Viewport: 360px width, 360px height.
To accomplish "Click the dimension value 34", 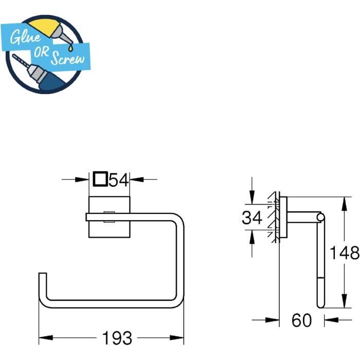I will [253, 218].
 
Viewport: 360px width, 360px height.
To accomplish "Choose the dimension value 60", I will [301, 320].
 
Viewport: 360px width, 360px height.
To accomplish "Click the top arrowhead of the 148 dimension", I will [341, 202].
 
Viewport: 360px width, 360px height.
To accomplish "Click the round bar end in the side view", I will [321, 219].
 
